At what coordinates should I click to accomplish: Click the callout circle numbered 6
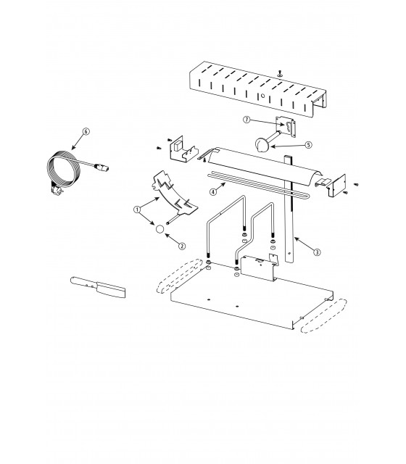(86, 131)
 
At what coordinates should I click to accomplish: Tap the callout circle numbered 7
(246, 120)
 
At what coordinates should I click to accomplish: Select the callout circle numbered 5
(309, 145)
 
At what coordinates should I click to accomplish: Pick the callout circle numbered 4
(213, 191)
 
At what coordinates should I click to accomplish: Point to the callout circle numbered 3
(317, 252)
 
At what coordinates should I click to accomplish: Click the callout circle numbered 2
(182, 246)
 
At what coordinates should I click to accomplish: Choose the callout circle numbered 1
(137, 210)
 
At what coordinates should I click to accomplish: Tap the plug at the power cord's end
(101, 167)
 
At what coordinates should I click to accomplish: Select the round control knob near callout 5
(261, 144)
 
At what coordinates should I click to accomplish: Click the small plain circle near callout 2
(159, 229)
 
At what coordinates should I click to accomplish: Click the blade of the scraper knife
(111, 290)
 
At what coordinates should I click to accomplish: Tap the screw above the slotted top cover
(280, 72)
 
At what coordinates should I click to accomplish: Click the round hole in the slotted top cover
(262, 96)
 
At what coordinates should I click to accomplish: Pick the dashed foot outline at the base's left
(179, 275)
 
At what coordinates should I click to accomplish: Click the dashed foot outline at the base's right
(323, 315)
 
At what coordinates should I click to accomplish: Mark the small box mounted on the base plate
(258, 268)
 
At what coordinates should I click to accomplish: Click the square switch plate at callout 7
(286, 127)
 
